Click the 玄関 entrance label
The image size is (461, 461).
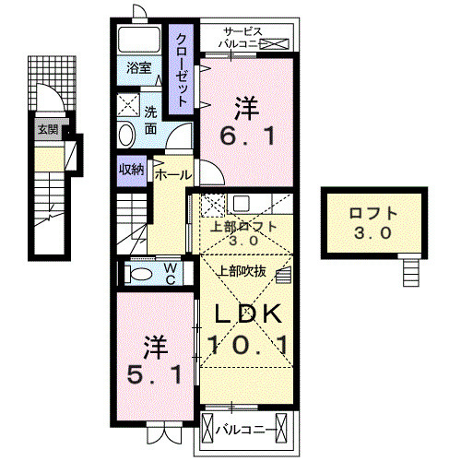click(47, 129)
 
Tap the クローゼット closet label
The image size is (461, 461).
click(182, 68)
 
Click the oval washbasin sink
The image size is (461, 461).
click(125, 136)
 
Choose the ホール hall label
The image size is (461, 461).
click(172, 173)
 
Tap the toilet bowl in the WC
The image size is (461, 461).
click(141, 273)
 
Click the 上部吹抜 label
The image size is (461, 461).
click(242, 271)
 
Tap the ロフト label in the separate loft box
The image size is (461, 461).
click(372, 213)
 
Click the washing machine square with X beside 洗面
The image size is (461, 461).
click(129, 102)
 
